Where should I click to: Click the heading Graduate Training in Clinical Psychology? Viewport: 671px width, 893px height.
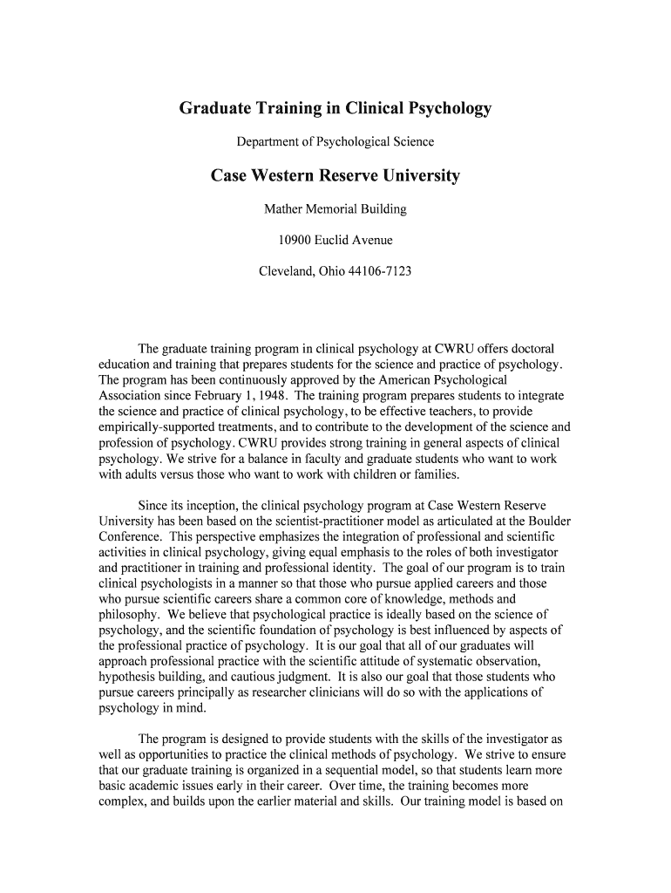point(335,109)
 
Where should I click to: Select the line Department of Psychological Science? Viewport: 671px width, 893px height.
point(335,141)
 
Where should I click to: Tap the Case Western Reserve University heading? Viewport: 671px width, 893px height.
point(335,176)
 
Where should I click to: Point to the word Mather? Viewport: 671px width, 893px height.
point(285,209)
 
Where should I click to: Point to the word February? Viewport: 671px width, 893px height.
point(201,395)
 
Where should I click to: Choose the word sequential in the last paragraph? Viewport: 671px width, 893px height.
point(349,771)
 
